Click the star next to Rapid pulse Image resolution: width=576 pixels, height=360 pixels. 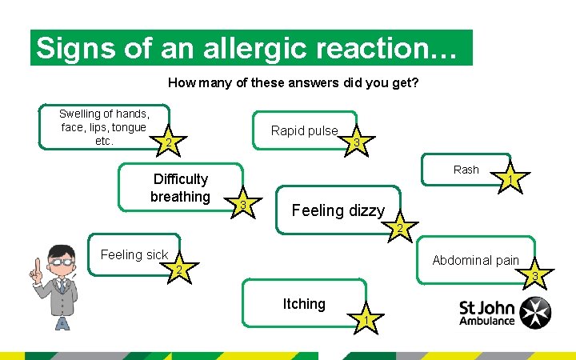pyautogui.click(x=356, y=142)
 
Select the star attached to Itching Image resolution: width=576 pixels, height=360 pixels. pyautogui.click(x=365, y=320)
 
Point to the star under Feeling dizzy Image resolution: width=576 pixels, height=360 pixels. pyautogui.click(x=398, y=230)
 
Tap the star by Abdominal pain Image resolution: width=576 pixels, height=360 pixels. pyautogui.click(x=535, y=277)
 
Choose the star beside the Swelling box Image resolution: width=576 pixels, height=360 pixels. pyautogui.click(x=167, y=143)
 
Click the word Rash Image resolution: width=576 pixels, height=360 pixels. pyautogui.click(x=466, y=170)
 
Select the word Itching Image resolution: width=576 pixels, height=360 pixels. pyautogui.click(x=304, y=304)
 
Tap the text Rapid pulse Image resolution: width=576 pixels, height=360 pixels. pyautogui.click(x=304, y=130)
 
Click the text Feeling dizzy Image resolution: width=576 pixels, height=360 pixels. pyautogui.click(x=338, y=211)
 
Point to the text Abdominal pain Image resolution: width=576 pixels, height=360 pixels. pyautogui.click(x=475, y=260)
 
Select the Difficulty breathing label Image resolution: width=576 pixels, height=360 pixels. pyautogui.click(x=180, y=188)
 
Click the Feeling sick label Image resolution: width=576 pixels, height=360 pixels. pyautogui.click(x=134, y=255)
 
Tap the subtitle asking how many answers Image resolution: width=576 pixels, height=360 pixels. pyautogui.click(x=294, y=82)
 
